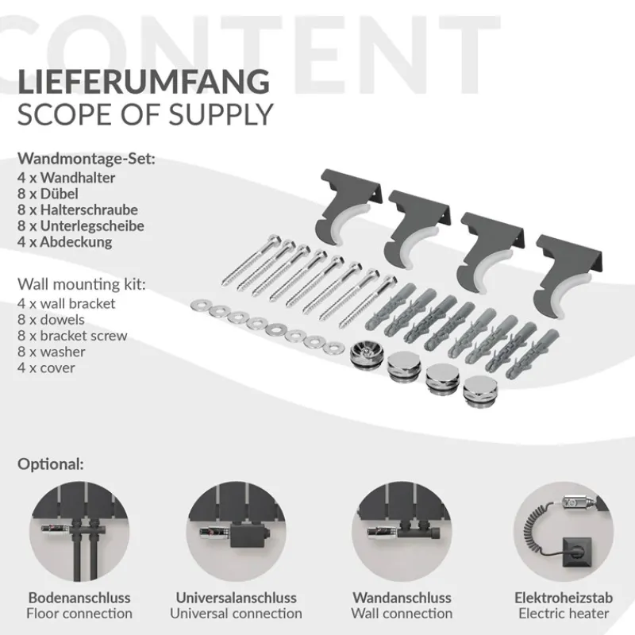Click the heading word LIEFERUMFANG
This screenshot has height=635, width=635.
pyautogui.click(x=143, y=83)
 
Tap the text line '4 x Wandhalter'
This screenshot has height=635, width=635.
pyautogui.click(x=66, y=178)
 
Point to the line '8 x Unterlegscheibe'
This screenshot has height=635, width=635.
pyautogui.click(x=80, y=225)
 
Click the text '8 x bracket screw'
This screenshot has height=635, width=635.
pyautogui.click(x=71, y=336)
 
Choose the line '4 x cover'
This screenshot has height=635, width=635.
pyautogui.click(x=46, y=368)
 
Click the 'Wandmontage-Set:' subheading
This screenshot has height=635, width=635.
pyautogui.click(x=86, y=159)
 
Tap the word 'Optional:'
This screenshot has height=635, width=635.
pyautogui.click(x=50, y=464)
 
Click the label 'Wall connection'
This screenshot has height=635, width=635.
pyautogui.click(x=401, y=613)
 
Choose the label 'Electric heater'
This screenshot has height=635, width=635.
pyautogui.click(x=564, y=613)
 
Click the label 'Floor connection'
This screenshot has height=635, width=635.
pyautogui.click(x=79, y=613)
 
